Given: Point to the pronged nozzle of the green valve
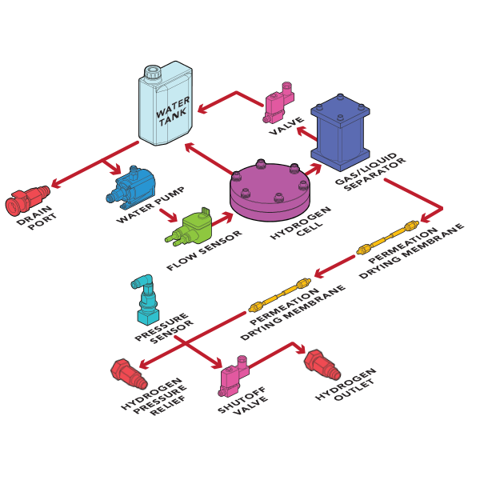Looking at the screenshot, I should coord(171,238).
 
